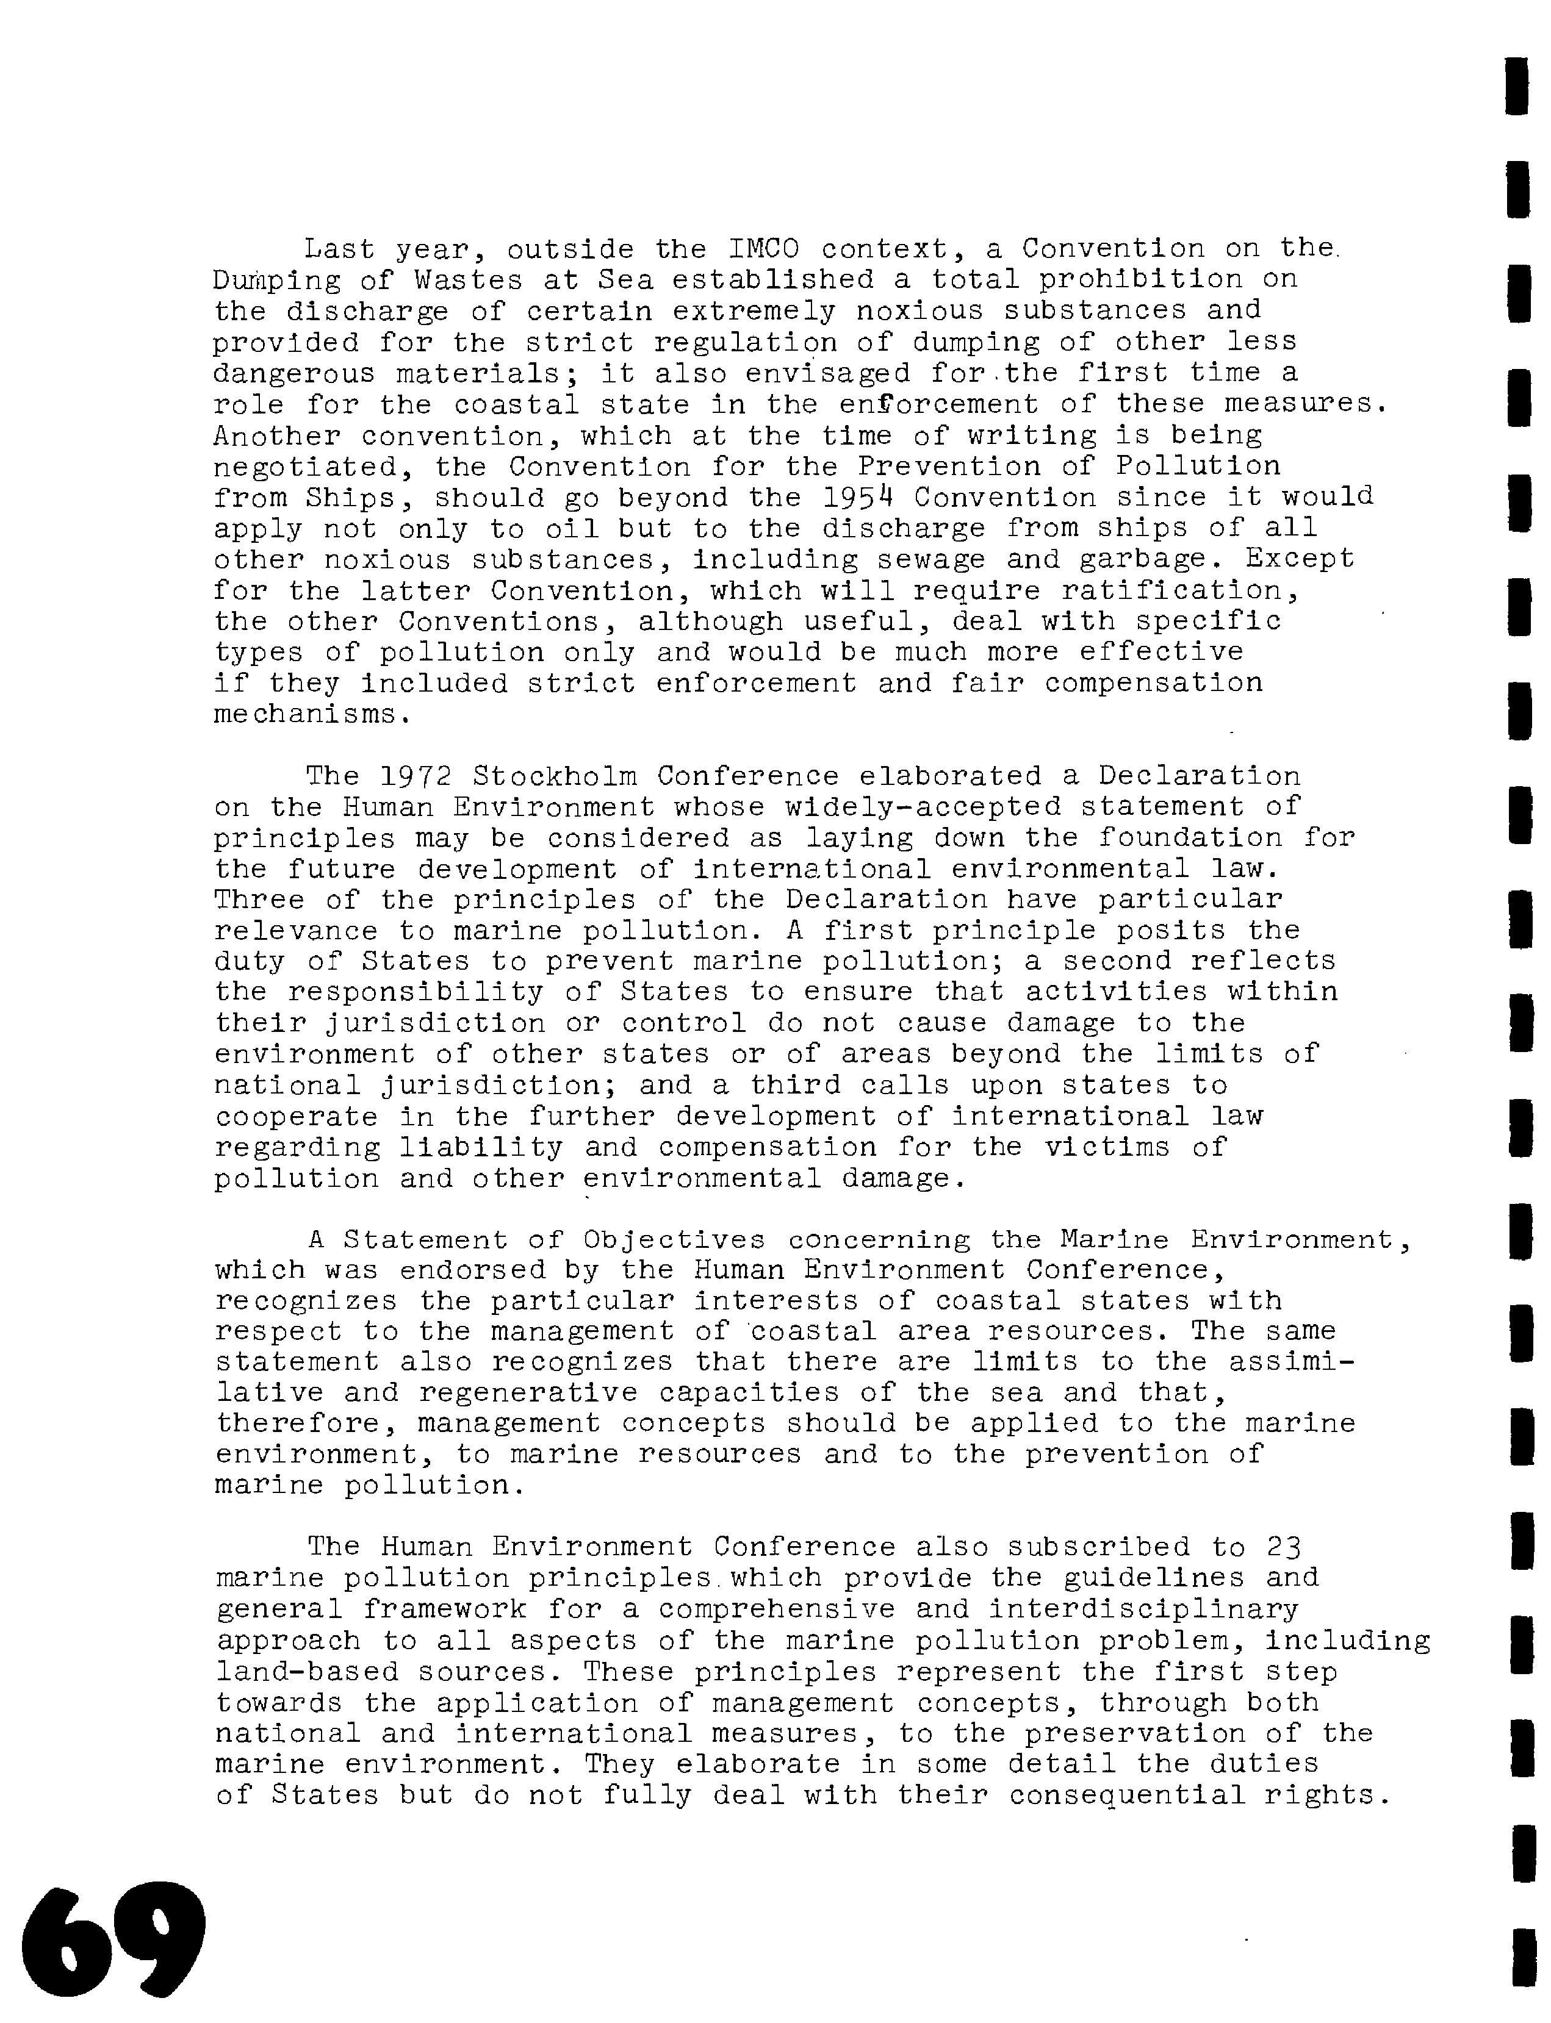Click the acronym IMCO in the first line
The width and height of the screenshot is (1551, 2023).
765,249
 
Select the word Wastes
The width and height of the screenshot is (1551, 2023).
469,280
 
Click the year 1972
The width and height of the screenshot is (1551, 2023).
416,776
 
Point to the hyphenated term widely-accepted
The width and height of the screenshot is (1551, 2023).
923,807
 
